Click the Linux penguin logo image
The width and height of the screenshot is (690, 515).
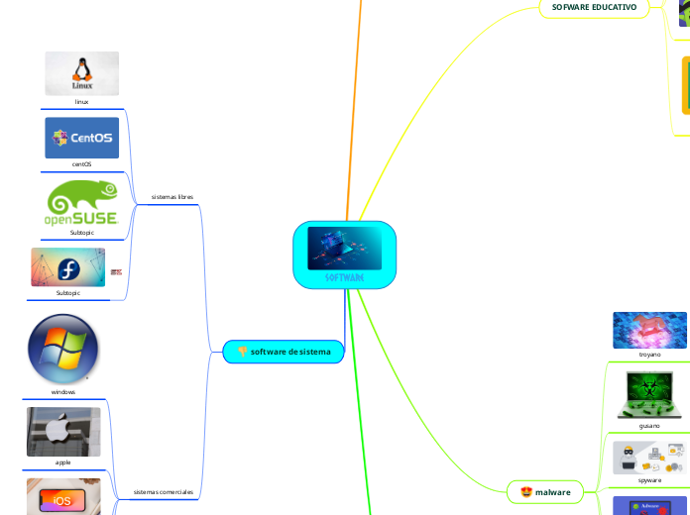pos(81,73)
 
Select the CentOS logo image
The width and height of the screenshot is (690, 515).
pos(81,138)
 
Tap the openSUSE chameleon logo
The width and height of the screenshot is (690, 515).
pos(81,202)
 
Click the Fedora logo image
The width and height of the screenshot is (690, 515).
pos(67,267)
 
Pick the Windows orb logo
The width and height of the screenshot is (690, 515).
pos(63,349)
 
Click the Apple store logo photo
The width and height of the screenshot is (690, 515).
pos(63,432)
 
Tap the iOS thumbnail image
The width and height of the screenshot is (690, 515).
pos(63,496)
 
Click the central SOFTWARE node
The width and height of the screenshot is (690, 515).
pos(344,255)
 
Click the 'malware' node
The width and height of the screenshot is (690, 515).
pos(545,491)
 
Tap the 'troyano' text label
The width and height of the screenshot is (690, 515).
pos(649,354)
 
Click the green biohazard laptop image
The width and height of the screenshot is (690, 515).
pos(649,393)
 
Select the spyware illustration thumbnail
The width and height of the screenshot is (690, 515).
pos(649,457)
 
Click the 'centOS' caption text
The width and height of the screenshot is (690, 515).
pos(81,164)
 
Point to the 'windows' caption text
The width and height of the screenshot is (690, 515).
pos(63,392)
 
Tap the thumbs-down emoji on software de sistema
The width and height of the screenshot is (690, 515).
pos(241,352)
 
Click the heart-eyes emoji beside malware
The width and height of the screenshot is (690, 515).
pos(525,491)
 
